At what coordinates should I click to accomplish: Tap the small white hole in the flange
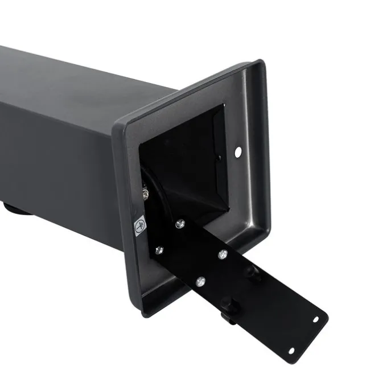(x=238, y=151)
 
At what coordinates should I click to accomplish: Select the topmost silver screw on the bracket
(x=180, y=223)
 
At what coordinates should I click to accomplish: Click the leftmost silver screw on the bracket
(x=158, y=250)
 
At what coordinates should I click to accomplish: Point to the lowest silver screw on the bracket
(x=200, y=281)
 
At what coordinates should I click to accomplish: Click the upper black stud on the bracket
(x=251, y=272)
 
